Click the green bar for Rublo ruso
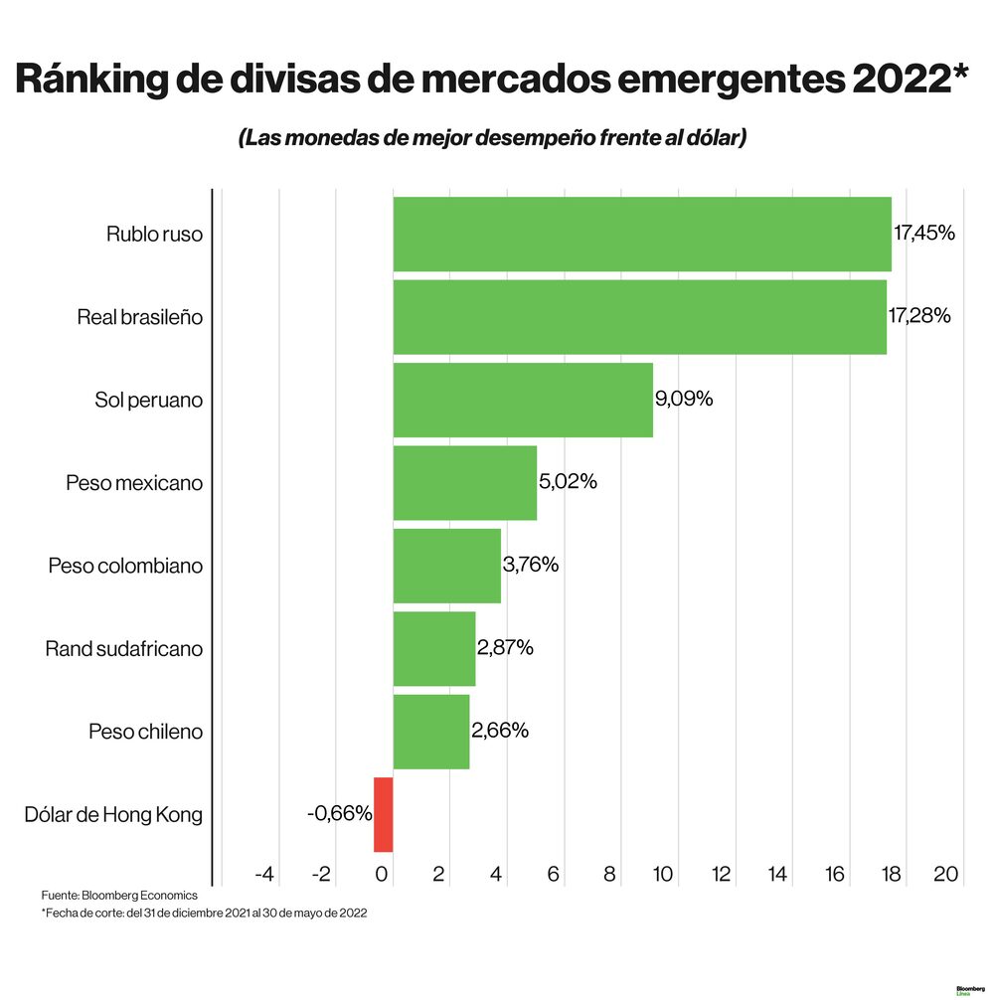(x=641, y=234)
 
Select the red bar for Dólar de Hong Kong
(x=384, y=814)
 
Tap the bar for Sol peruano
(x=523, y=400)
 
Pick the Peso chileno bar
(x=430, y=732)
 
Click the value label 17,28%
(x=919, y=316)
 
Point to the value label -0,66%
(x=339, y=814)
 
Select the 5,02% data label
(x=568, y=482)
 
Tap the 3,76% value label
(x=531, y=565)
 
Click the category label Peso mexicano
(x=134, y=483)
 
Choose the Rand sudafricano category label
(x=124, y=649)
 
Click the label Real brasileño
(x=140, y=318)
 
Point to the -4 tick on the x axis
(x=263, y=875)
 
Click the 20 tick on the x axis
(x=945, y=875)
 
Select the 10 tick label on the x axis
(x=663, y=875)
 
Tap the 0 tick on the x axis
(x=381, y=875)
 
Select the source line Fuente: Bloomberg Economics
(x=119, y=896)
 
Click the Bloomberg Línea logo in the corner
(x=969, y=990)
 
